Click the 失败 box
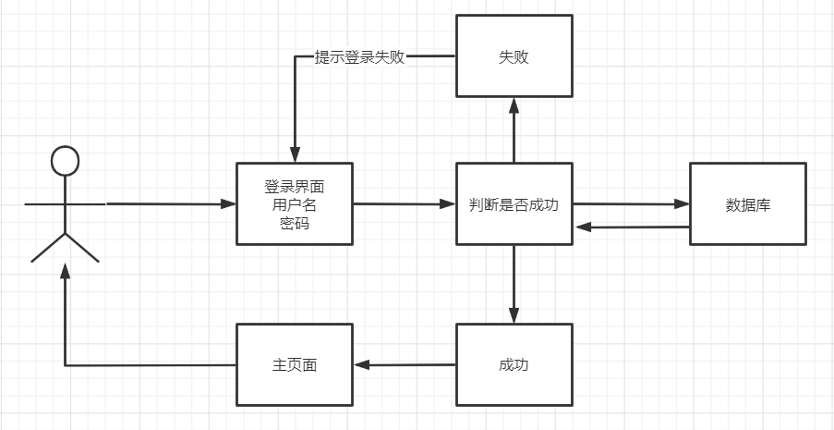514,56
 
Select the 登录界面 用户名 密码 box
295,203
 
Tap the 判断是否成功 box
514,203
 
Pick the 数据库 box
748,203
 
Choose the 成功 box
514,364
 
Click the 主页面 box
295,364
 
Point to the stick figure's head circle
65,146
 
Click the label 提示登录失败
359,57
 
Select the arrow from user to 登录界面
171,203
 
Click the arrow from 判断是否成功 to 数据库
632,203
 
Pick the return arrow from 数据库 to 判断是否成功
633,227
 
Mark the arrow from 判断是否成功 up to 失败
514,130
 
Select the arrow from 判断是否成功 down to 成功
514,284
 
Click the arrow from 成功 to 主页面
405,365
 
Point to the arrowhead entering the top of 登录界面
295,154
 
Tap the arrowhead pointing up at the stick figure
65,271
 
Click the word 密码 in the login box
295,224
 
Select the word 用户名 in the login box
295,205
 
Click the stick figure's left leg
48,248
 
